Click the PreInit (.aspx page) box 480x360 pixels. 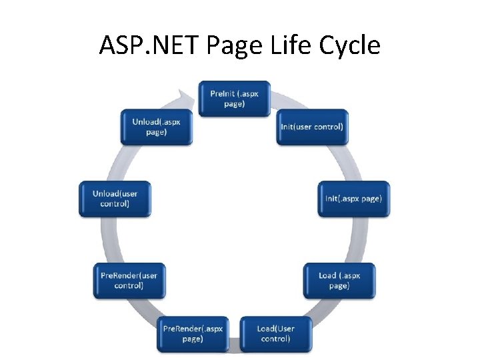point(234,99)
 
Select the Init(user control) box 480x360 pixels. point(312,127)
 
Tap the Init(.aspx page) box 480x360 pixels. point(353,198)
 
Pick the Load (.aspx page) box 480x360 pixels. point(339,280)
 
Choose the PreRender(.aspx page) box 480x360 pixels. point(193,334)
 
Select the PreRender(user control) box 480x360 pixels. point(129,280)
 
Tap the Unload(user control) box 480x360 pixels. point(115,198)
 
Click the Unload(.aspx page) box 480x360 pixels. point(156,127)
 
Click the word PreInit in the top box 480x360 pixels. point(222,94)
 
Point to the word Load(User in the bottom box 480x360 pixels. point(275,329)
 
